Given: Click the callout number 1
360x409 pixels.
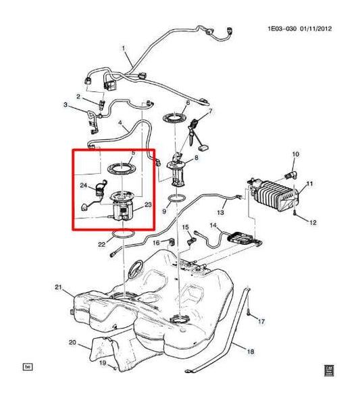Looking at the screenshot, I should click(x=123, y=47).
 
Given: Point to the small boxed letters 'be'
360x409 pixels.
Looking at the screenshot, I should click(x=28, y=366).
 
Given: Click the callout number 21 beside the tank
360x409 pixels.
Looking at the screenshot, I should click(x=58, y=289).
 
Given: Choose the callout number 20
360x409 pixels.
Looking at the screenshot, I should click(x=72, y=343).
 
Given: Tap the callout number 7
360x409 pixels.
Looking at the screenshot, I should click(x=210, y=111).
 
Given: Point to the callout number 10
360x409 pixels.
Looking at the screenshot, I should click(x=295, y=155).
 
